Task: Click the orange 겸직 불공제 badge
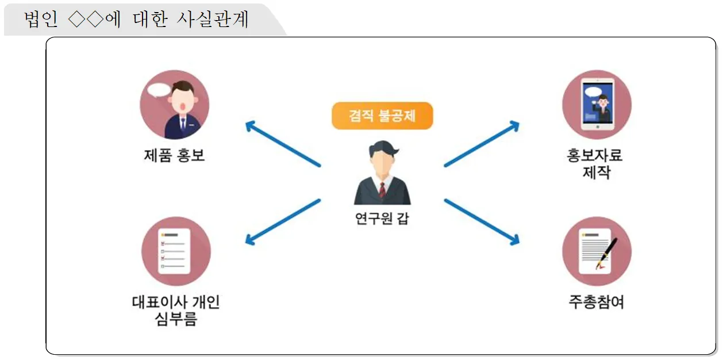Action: click(382, 116)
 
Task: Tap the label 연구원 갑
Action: click(382, 219)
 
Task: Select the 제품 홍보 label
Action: click(174, 155)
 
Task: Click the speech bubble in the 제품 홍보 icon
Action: click(159, 90)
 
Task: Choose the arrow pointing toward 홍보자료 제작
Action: click(482, 144)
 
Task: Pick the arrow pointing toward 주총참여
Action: click(482, 221)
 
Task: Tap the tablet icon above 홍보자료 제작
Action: click(597, 105)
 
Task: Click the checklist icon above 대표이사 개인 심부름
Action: click(175, 251)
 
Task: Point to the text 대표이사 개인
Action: click(175, 302)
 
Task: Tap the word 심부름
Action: click(175, 319)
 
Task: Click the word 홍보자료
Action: click(596, 155)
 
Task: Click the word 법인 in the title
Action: click(41, 20)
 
